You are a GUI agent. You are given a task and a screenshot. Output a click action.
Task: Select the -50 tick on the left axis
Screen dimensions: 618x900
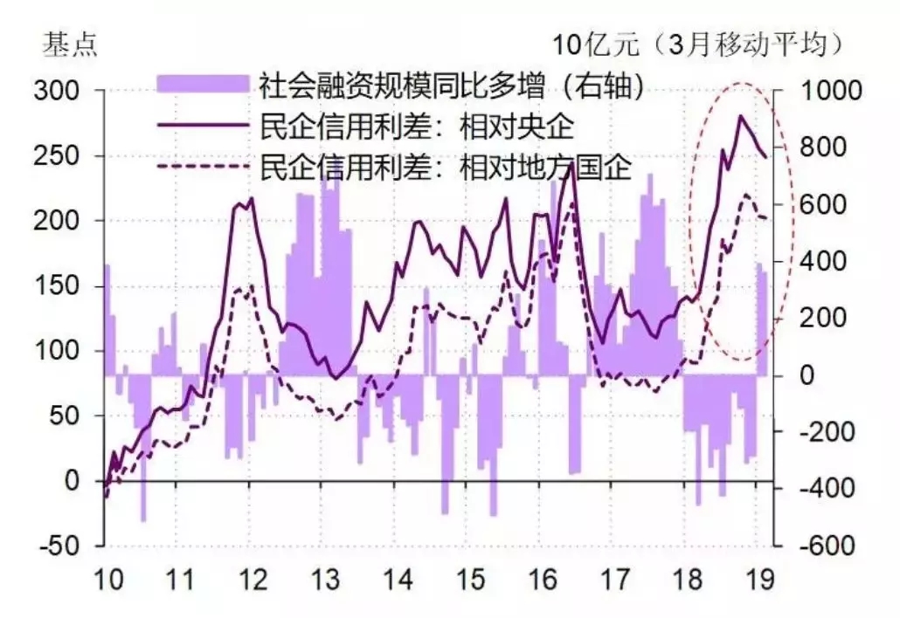coord(54,546)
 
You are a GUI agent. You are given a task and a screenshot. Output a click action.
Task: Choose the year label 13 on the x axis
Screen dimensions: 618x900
coord(326,580)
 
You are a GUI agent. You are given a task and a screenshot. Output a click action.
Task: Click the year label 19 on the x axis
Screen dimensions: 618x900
coord(760,580)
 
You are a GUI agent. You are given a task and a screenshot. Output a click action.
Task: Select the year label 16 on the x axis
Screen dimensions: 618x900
coord(543,580)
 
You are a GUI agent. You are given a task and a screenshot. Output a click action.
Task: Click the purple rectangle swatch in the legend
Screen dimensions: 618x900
coord(204,84)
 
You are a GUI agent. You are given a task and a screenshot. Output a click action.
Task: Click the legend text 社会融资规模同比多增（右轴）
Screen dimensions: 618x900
coord(453,85)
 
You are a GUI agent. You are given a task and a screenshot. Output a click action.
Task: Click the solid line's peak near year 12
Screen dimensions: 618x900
coord(252,199)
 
